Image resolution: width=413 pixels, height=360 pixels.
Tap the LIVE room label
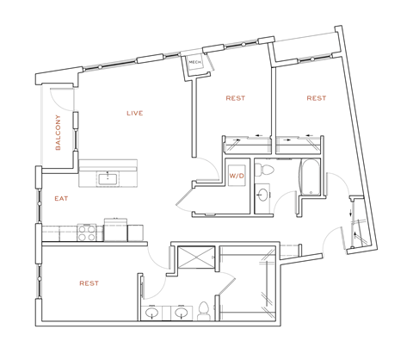pos(134,114)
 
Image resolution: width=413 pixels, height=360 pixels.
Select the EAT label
pos(61,198)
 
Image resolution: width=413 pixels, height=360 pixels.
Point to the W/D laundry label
pos(236,176)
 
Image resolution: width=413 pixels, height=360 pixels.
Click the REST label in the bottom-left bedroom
pos(88,283)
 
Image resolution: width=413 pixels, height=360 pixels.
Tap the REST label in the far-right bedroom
pos(317,98)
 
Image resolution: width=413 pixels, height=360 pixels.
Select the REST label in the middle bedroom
pos(235,98)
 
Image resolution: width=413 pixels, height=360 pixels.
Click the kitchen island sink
pos(109,179)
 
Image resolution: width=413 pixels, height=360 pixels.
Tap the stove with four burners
pos(89,230)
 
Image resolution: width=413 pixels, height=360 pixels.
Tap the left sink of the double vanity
pos(153,313)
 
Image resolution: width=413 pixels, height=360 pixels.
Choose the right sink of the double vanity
pos(181,313)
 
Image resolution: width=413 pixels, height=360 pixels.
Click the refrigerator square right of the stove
pos(116,229)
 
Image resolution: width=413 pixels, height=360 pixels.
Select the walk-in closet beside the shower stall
pos(248,280)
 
